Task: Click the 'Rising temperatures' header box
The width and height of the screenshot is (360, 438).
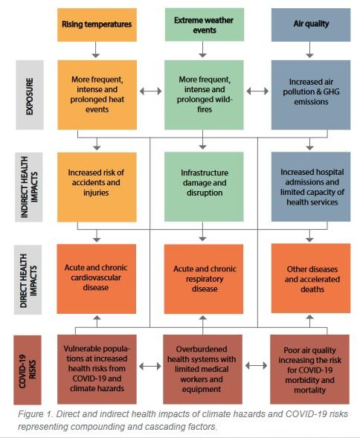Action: point(97,25)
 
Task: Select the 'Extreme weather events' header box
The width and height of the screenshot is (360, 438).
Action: point(205,25)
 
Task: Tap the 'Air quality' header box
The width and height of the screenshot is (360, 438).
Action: point(311,25)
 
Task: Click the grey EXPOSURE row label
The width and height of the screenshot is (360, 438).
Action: point(30,95)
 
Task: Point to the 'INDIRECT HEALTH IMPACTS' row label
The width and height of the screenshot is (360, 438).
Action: point(29,187)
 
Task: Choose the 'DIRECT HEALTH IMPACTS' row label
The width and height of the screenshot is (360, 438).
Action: point(28,280)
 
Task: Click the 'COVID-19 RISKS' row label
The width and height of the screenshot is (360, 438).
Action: point(28,370)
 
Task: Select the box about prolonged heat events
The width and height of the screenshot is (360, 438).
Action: point(97,95)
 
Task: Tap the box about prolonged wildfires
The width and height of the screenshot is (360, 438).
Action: point(204,95)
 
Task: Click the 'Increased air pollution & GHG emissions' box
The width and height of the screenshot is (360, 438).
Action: point(311,95)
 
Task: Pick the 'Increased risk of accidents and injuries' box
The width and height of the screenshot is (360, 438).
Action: point(97,187)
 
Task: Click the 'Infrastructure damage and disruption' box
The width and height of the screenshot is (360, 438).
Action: point(204,187)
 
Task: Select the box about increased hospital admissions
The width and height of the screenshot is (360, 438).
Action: point(311,187)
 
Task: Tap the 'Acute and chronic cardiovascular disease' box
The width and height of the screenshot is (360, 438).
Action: point(97,279)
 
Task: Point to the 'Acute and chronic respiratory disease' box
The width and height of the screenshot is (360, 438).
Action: point(204,279)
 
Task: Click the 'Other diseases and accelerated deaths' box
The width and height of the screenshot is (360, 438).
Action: point(311,278)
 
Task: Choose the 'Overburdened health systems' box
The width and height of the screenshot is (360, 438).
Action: point(202,370)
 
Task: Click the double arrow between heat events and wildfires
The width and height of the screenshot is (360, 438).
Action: point(151,91)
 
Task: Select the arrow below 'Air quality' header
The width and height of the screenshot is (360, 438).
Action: point(309,50)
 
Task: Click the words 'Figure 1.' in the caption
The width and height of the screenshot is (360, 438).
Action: point(36,414)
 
